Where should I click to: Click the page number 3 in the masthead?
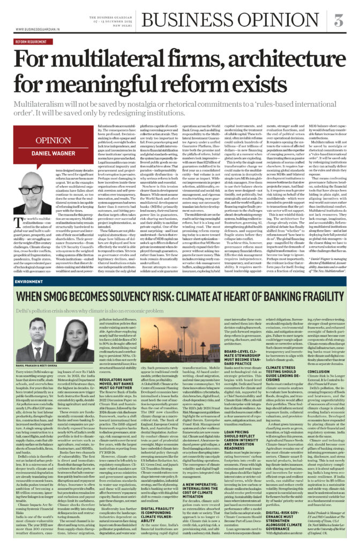(x=338, y=21)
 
